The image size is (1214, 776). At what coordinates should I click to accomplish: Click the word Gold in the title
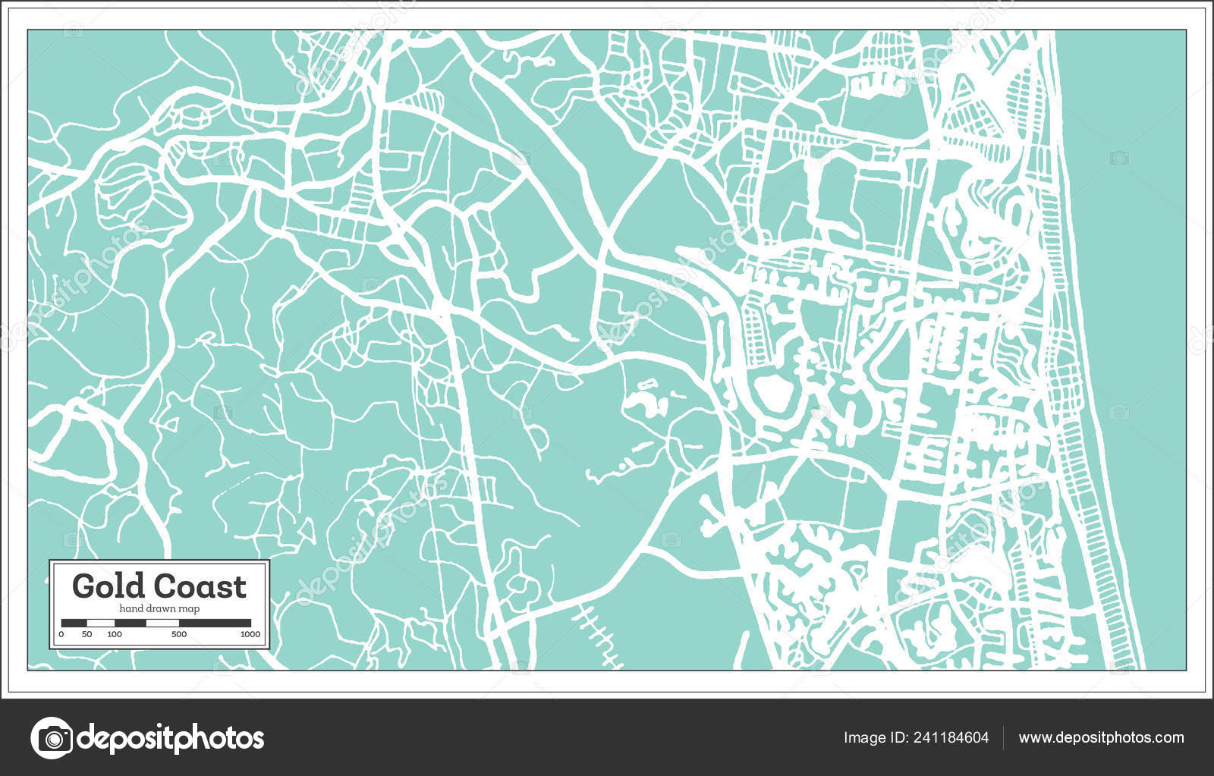[109, 586]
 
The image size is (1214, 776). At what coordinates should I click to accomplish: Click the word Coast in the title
[200, 586]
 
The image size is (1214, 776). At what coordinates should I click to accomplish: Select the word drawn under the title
[159, 609]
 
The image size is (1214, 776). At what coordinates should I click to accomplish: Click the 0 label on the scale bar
[61, 634]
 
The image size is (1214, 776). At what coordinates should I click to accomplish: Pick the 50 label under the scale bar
[86, 634]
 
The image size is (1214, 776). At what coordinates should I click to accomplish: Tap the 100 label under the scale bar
[115, 634]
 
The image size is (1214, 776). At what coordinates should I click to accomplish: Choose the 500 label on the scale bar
[179, 634]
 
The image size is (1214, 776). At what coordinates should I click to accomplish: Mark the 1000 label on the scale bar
[250, 634]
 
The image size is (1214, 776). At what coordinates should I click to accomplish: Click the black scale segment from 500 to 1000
[215, 623]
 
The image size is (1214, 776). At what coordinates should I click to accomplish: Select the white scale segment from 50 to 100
[101, 623]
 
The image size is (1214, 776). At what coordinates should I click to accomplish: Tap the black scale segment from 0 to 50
[74, 623]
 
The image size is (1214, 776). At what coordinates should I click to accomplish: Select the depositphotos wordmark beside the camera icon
[171, 737]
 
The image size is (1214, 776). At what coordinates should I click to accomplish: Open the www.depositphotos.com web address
[1101, 737]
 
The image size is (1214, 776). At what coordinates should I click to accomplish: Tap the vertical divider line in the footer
[1004, 737]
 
